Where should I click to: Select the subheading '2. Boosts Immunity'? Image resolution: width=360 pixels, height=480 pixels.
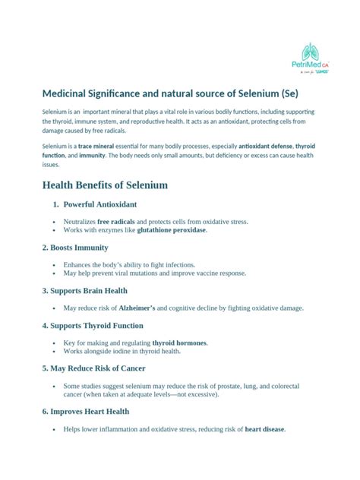(x=75, y=248)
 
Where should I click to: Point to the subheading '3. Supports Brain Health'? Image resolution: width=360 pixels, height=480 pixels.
(x=84, y=291)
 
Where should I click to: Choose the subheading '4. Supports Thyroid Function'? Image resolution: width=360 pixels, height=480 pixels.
(x=93, y=326)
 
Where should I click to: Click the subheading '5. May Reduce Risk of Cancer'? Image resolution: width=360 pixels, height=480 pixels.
(x=94, y=368)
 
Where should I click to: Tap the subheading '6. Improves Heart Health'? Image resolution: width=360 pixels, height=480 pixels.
(x=86, y=411)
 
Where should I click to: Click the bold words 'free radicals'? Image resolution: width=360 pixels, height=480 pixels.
(x=115, y=222)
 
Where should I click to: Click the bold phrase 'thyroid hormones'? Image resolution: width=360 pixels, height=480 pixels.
(x=179, y=343)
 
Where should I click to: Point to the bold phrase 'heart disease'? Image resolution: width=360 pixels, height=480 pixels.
(x=264, y=428)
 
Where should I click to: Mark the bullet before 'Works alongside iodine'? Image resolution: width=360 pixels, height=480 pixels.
(x=54, y=351)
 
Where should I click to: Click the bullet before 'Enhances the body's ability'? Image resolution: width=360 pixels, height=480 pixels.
(x=54, y=265)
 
